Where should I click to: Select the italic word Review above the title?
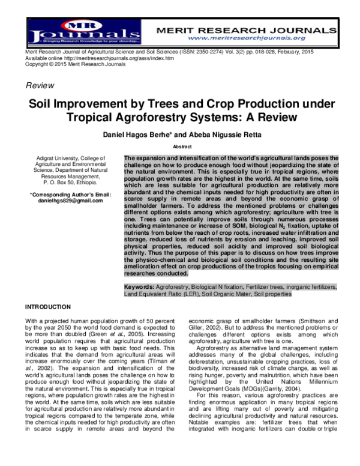39,86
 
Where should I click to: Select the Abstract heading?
182,146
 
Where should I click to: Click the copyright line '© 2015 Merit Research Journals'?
66,64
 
